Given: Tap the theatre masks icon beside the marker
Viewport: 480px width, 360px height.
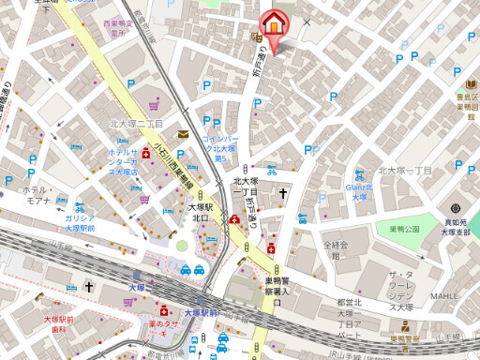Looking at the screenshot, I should pos(255,37).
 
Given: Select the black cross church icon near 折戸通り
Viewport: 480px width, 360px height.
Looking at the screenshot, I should pos(281,193).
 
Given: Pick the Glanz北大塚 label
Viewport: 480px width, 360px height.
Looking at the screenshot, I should pos(360,190).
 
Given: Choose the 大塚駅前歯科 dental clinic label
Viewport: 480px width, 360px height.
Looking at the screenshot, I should pos(57,324).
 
